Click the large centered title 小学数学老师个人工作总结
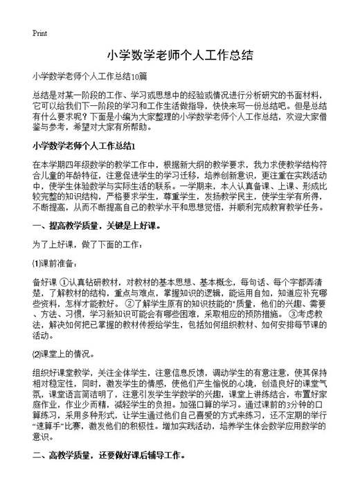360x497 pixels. coord(179,55)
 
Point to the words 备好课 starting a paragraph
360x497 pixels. coord(44,282)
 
